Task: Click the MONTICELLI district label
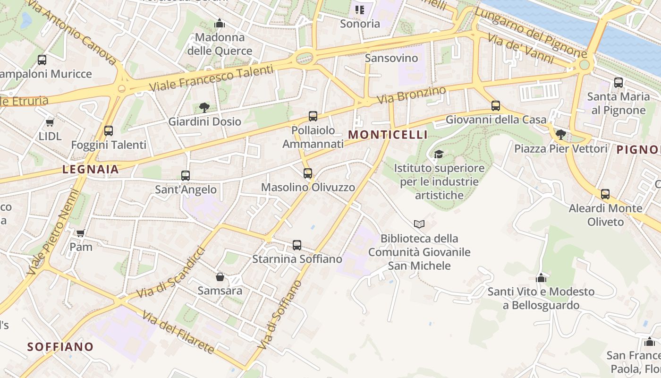point(388,135)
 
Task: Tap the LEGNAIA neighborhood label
point(90,169)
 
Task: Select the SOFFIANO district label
point(60,346)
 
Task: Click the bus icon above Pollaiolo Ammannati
point(313,116)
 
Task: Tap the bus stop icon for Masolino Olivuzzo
point(308,173)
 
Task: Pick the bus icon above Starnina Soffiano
point(297,245)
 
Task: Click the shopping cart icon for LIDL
point(50,123)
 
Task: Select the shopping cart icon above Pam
point(80,233)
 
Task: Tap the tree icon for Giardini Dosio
point(204,107)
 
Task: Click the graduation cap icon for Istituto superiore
point(439,154)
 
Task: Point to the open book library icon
point(419,224)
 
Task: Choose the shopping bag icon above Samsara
point(220,276)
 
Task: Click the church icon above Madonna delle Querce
point(220,23)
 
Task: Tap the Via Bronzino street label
point(412,95)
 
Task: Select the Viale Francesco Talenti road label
point(211,78)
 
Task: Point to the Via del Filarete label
point(178,333)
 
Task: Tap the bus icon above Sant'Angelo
point(186,176)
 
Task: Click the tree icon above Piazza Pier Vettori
point(561,135)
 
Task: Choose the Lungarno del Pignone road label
point(531,32)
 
